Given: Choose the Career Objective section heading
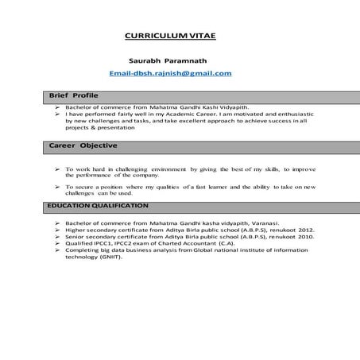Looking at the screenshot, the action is pos(83,145).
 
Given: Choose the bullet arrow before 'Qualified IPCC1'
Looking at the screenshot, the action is pos(57,244).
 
